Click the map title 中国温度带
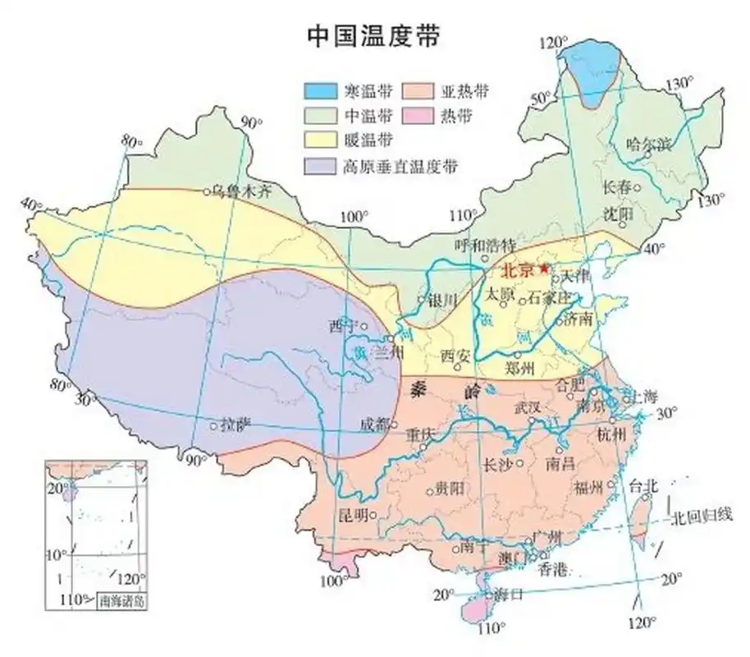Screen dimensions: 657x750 [x=373, y=36]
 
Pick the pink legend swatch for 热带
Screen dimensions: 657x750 [x=441, y=113]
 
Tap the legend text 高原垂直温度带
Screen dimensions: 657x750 [x=400, y=167]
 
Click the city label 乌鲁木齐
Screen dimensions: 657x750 [x=242, y=191]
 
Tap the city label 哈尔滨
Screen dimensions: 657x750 [x=647, y=145]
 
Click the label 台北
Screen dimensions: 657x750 [x=643, y=486]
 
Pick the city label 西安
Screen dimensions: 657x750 [x=459, y=356]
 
